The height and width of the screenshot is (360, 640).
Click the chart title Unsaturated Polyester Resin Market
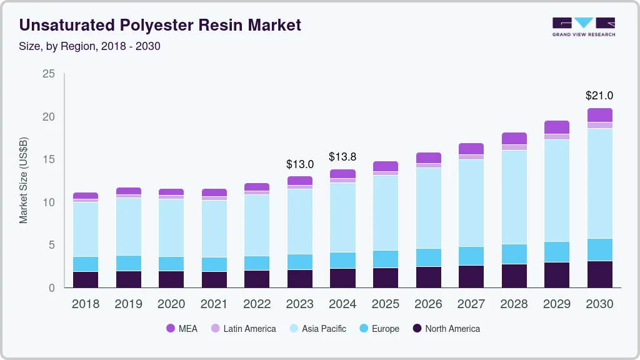click(x=160, y=25)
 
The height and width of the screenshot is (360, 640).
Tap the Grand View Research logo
click(x=584, y=26)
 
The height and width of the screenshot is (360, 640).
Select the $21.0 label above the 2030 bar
click(x=599, y=96)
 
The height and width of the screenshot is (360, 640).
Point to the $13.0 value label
click(x=300, y=164)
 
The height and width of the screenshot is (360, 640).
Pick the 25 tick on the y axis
click(x=49, y=74)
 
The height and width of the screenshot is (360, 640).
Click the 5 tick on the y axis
click(x=51, y=245)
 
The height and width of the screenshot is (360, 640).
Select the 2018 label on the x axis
click(x=86, y=304)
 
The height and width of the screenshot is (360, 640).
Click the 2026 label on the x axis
click(x=428, y=304)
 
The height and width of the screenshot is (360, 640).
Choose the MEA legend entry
click(x=182, y=328)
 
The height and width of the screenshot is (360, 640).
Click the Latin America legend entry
click(x=243, y=328)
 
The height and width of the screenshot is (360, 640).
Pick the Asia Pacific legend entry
click(x=317, y=328)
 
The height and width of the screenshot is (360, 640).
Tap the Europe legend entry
click(x=379, y=328)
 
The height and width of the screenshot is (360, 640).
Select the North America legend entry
click(x=446, y=328)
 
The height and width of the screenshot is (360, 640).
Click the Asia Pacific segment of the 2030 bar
click(x=600, y=182)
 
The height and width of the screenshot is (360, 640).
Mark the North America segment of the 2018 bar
click(x=86, y=279)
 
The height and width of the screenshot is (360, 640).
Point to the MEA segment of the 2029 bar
click(x=557, y=127)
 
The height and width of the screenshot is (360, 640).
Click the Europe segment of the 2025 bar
click(x=386, y=259)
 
